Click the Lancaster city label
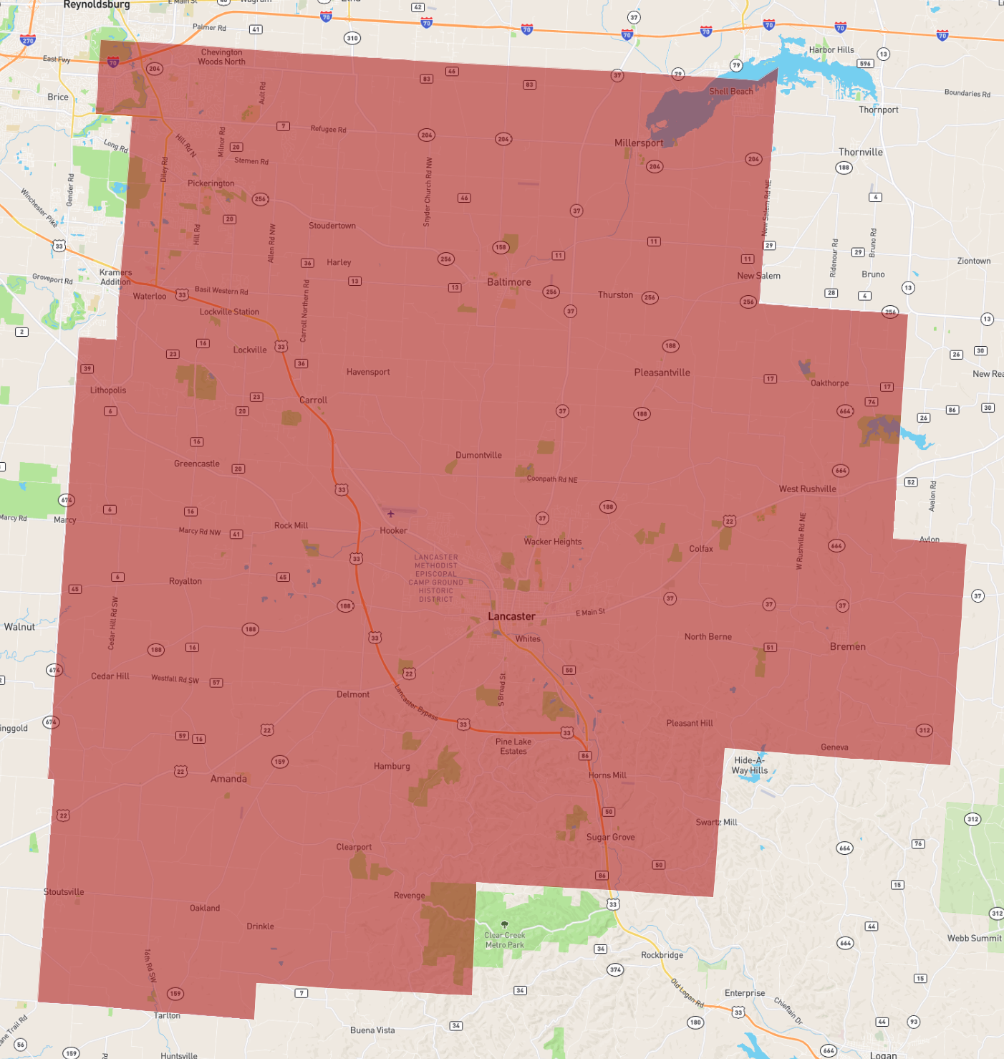click(x=511, y=616)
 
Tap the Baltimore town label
click(x=509, y=282)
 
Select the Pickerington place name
click(x=211, y=183)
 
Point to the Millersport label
click(x=639, y=143)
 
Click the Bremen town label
click(x=848, y=646)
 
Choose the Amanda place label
click(x=228, y=779)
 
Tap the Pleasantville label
click(x=662, y=373)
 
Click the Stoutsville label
click(x=64, y=892)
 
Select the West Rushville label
click(x=808, y=489)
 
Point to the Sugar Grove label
click(x=611, y=837)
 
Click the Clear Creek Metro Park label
click(x=505, y=940)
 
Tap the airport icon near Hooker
click(x=390, y=514)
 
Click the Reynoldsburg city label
click(x=97, y=5)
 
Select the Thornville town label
click(x=861, y=152)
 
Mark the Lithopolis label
click(x=108, y=390)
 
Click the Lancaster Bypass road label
click(x=415, y=702)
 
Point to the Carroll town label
click(x=313, y=401)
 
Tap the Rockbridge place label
click(x=662, y=955)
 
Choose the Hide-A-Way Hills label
click(x=750, y=765)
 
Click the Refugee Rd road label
click(x=328, y=130)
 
